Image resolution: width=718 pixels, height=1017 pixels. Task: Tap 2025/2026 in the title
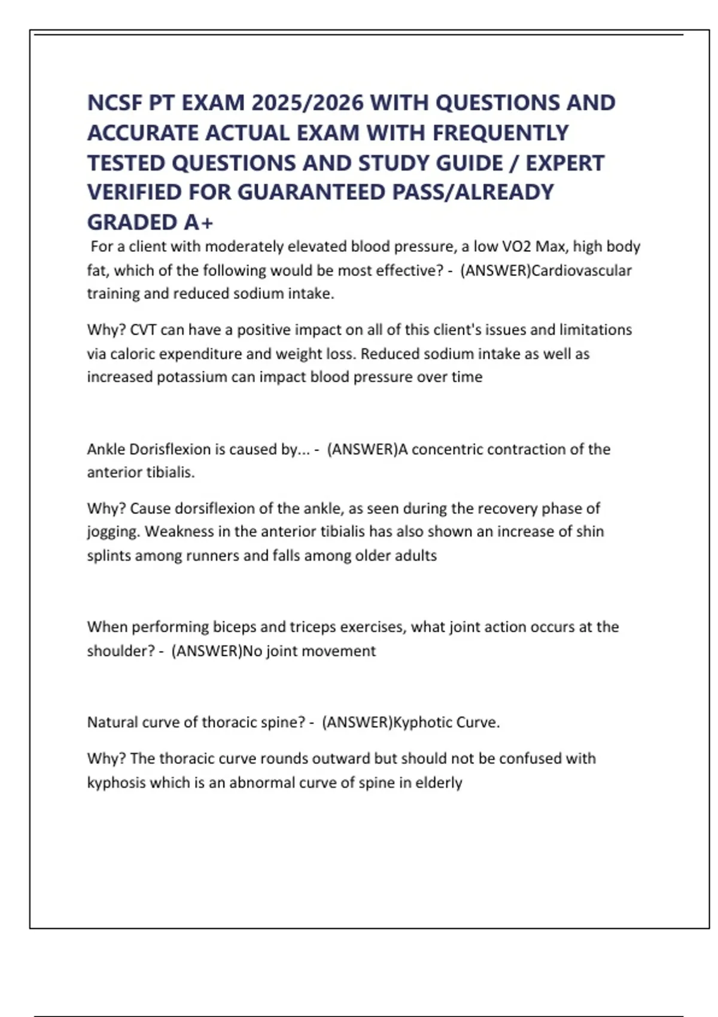tap(308, 103)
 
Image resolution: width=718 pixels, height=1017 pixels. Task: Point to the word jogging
tap(113, 532)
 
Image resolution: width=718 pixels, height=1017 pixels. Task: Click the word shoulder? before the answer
tap(121, 651)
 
